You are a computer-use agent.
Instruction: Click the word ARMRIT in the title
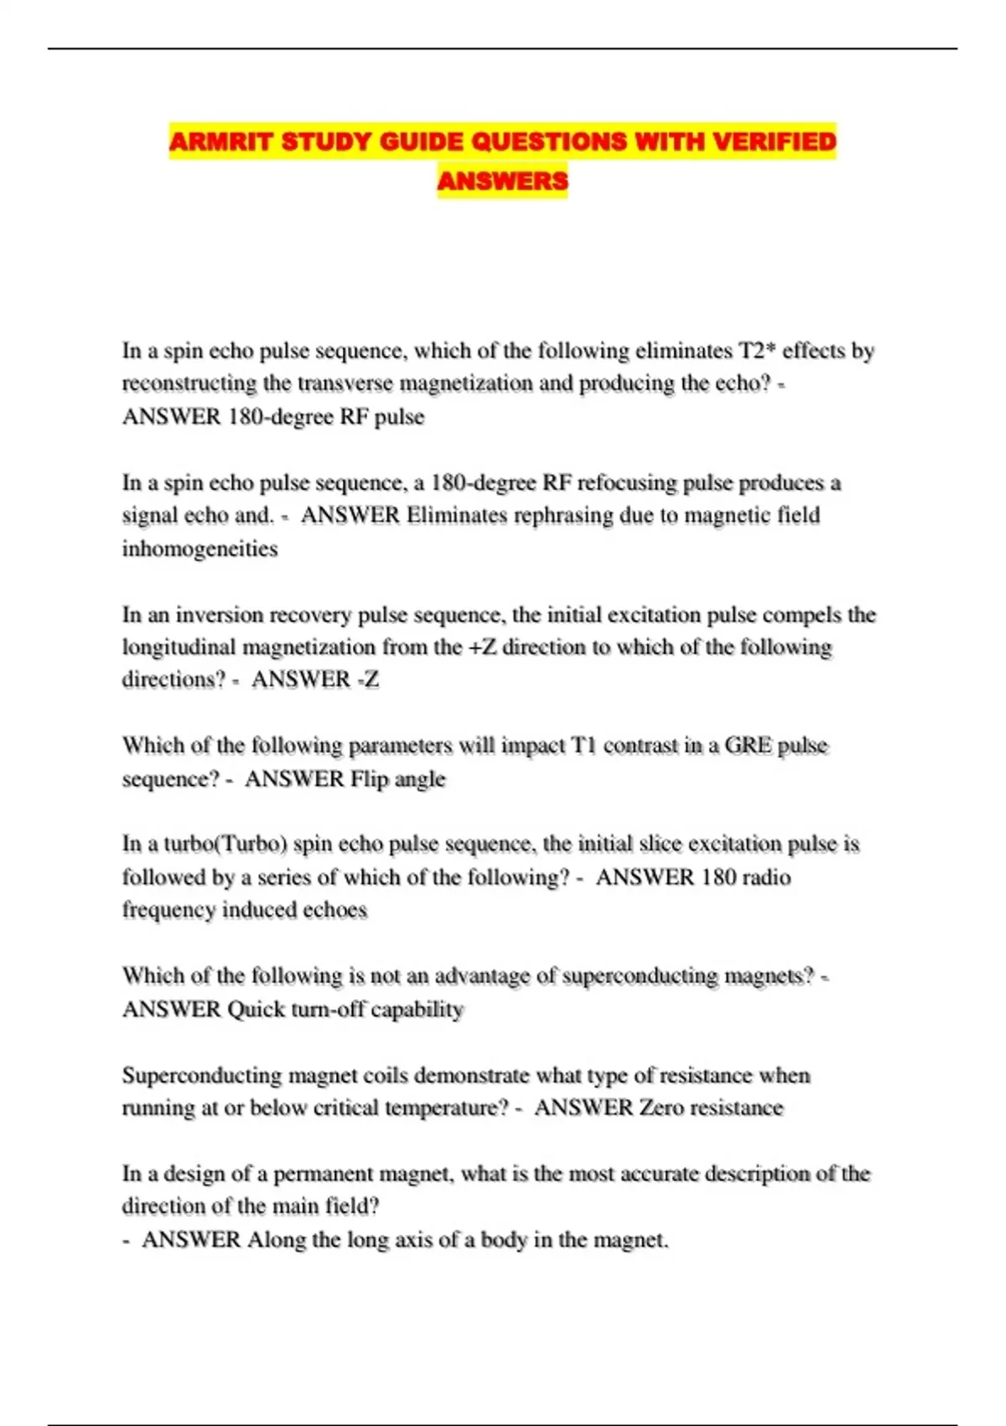point(220,141)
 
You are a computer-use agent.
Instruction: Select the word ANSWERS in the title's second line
point(502,180)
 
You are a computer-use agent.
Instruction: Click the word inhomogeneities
point(200,549)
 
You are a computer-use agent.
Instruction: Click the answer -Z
point(368,679)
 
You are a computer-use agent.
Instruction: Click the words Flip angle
point(397,779)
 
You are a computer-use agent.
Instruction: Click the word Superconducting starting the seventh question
point(201,1075)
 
